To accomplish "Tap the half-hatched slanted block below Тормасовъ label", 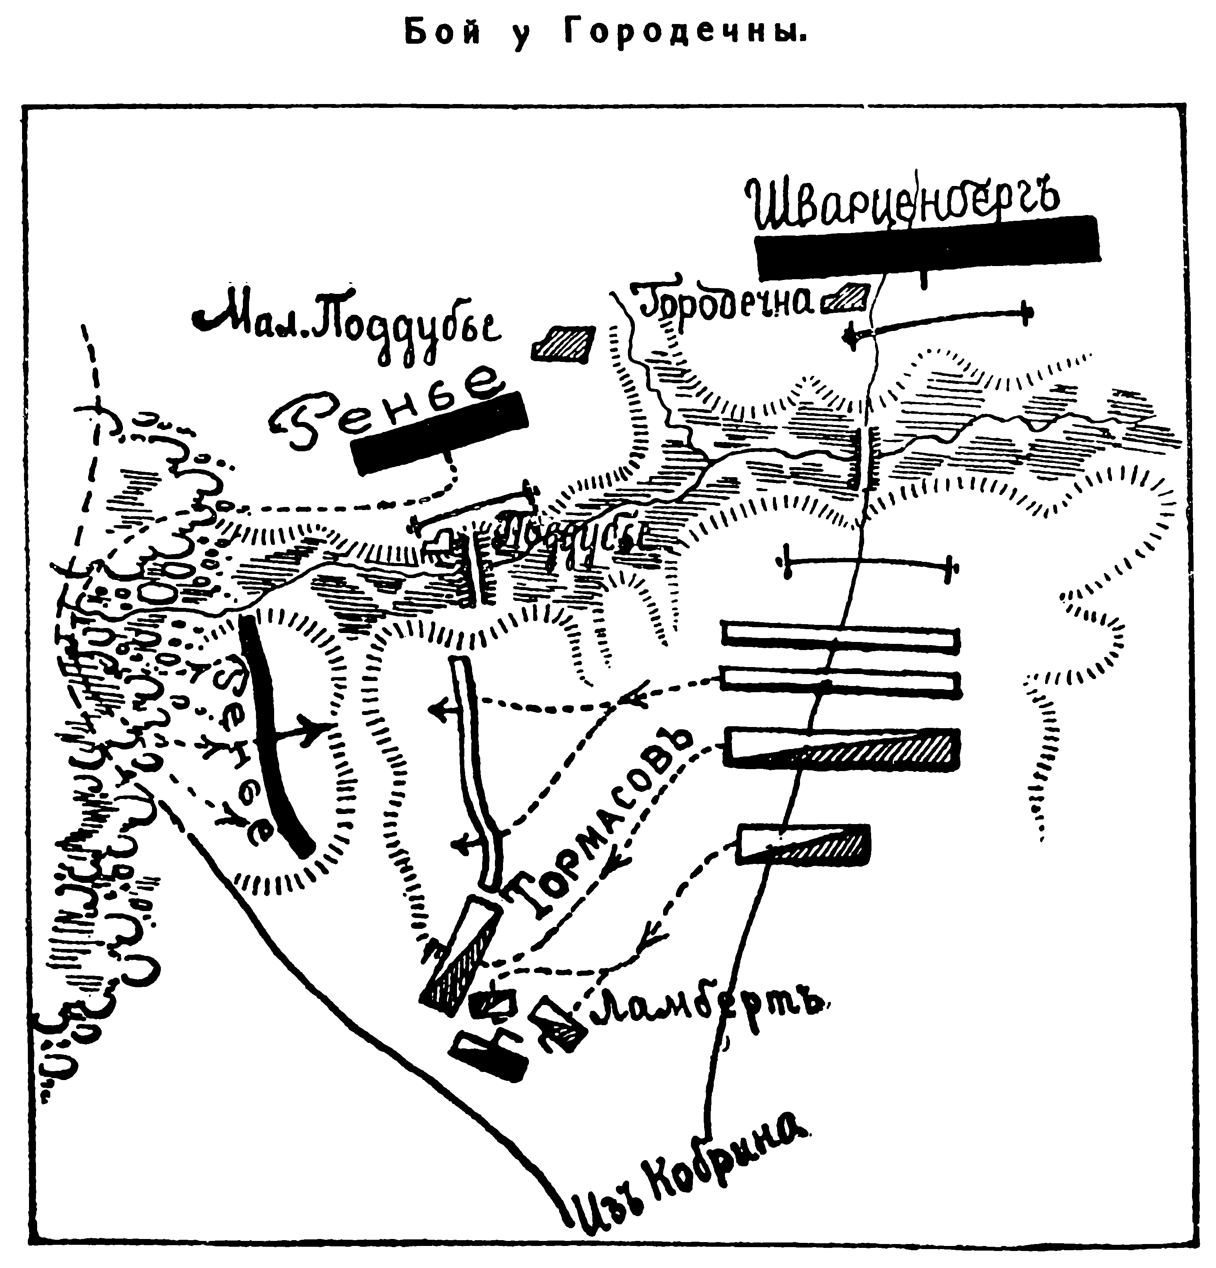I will [459, 951].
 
